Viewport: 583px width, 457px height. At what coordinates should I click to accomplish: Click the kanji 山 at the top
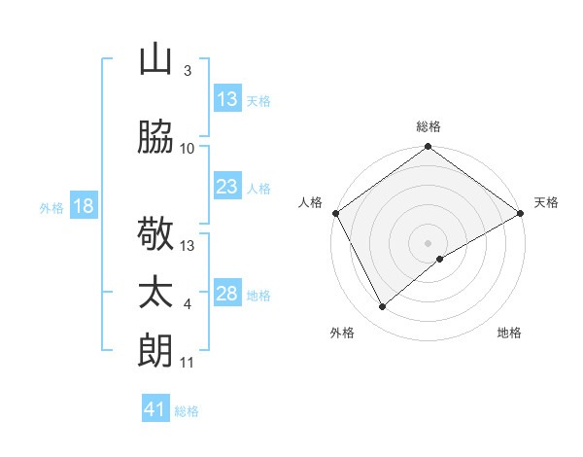(155, 60)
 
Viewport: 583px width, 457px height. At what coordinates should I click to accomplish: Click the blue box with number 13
(227, 99)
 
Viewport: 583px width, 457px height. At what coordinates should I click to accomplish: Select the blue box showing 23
(227, 187)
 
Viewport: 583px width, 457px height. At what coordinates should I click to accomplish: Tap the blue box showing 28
(227, 294)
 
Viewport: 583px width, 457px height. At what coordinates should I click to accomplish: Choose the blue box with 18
(83, 206)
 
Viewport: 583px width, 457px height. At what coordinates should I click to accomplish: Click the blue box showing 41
(155, 409)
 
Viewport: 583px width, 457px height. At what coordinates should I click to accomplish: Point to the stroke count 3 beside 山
(187, 71)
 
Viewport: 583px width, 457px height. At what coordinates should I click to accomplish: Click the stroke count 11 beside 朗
(187, 363)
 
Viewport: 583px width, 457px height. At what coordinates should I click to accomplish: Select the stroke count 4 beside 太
(187, 304)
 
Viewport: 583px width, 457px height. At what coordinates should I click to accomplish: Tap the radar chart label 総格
(428, 126)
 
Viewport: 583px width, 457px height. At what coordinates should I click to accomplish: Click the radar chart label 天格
(546, 202)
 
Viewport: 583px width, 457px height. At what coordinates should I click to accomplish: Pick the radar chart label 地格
(509, 333)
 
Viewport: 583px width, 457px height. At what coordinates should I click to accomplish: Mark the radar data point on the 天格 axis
(521, 213)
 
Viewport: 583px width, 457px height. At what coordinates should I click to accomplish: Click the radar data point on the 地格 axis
(440, 258)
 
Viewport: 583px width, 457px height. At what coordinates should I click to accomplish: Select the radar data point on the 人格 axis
(335, 213)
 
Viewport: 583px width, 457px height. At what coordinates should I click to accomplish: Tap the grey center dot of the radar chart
(428, 241)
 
